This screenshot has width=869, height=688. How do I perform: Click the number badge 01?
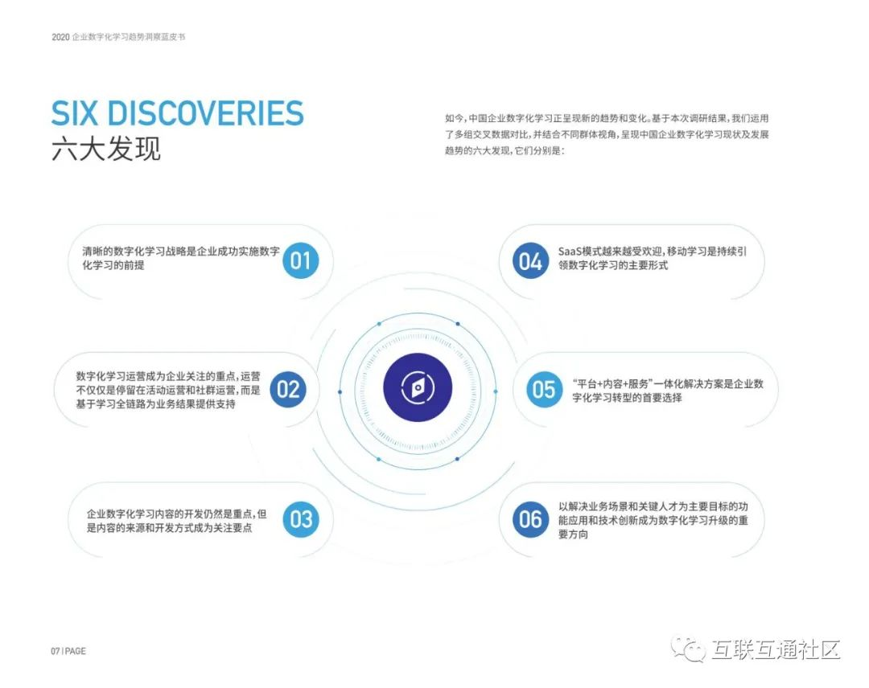pyautogui.click(x=300, y=260)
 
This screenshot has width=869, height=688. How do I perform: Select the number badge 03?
pyautogui.click(x=300, y=519)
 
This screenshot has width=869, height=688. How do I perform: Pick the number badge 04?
pyautogui.click(x=530, y=261)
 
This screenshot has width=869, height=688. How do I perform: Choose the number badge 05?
pyautogui.click(x=544, y=390)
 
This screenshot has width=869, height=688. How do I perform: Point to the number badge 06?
pyautogui.click(x=530, y=519)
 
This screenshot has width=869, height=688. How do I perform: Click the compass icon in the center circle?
pyautogui.click(x=418, y=390)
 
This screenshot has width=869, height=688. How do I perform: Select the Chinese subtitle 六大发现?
pyautogui.click(x=105, y=149)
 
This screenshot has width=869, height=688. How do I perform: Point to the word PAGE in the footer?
pyautogui.click(x=76, y=651)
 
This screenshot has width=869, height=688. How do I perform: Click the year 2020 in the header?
pyautogui.click(x=60, y=37)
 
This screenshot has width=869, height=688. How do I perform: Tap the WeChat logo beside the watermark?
pyautogui.click(x=690, y=649)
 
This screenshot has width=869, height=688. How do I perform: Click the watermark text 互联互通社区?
pyautogui.click(x=775, y=649)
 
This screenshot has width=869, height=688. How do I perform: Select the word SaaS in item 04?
pyautogui.click(x=571, y=251)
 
